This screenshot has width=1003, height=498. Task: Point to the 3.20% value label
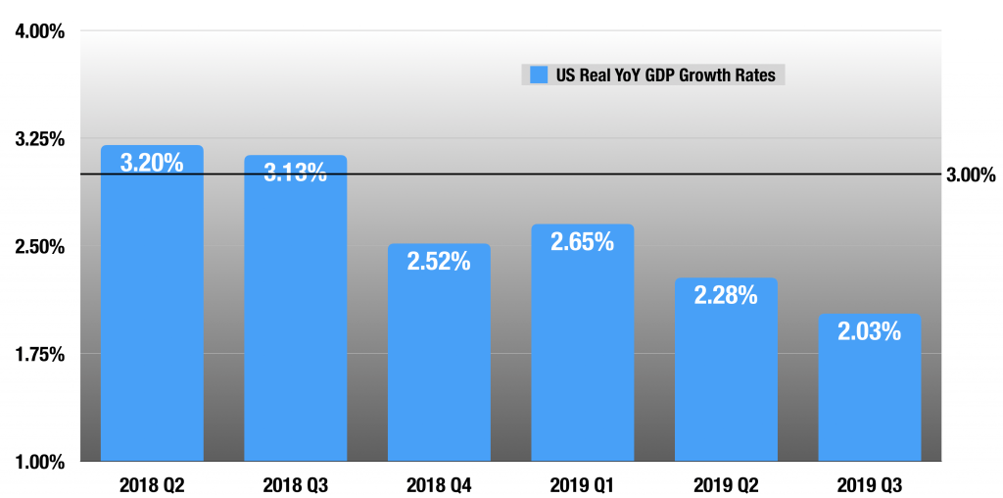(x=152, y=163)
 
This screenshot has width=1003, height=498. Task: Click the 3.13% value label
(x=295, y=174)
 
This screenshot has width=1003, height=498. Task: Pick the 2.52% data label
(x=439, y=262)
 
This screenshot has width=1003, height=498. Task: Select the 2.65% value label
(x=582, y=242)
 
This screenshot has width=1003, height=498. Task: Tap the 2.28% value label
(x=726, y=295)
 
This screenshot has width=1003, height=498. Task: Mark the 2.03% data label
(x=869, y=331)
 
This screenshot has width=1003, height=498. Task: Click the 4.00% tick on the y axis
(x=40, y=31)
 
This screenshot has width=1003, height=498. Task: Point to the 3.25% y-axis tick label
(x=40, y=138)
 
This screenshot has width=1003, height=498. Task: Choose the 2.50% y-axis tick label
(x=40, y=246)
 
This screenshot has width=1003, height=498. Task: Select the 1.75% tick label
(x=40, y=354)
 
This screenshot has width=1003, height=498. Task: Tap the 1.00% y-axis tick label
(x=40, y=461)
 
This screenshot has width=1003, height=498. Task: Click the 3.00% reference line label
(x=971, y=175)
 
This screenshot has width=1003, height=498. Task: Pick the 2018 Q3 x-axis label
(x=295, y=484)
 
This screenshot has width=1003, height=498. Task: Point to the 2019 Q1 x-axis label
(x=582, y=484)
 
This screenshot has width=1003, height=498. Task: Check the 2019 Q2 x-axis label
(x=726, y=484)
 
